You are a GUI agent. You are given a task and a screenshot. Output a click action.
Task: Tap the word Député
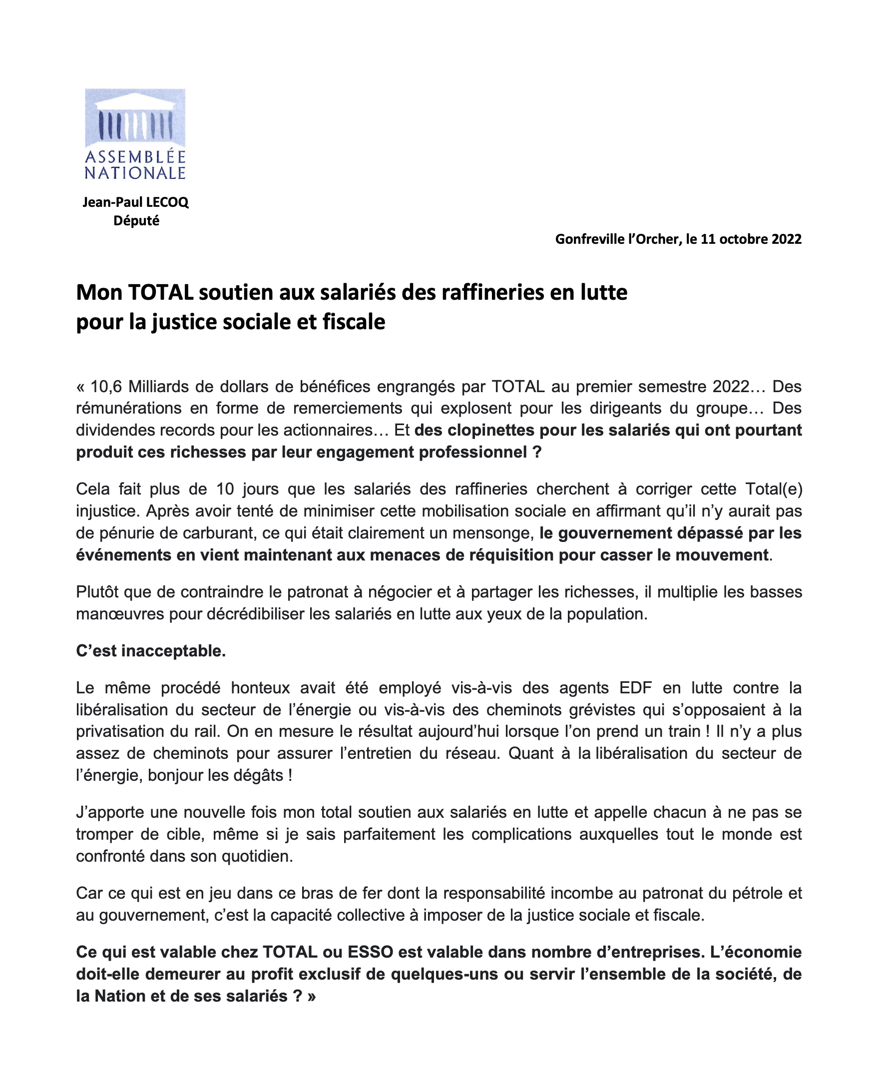tap(136, 221)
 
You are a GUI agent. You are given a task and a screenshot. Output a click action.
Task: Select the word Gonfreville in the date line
tap(589, 239)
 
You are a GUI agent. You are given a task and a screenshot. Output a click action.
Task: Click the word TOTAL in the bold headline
tap(160, 293)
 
